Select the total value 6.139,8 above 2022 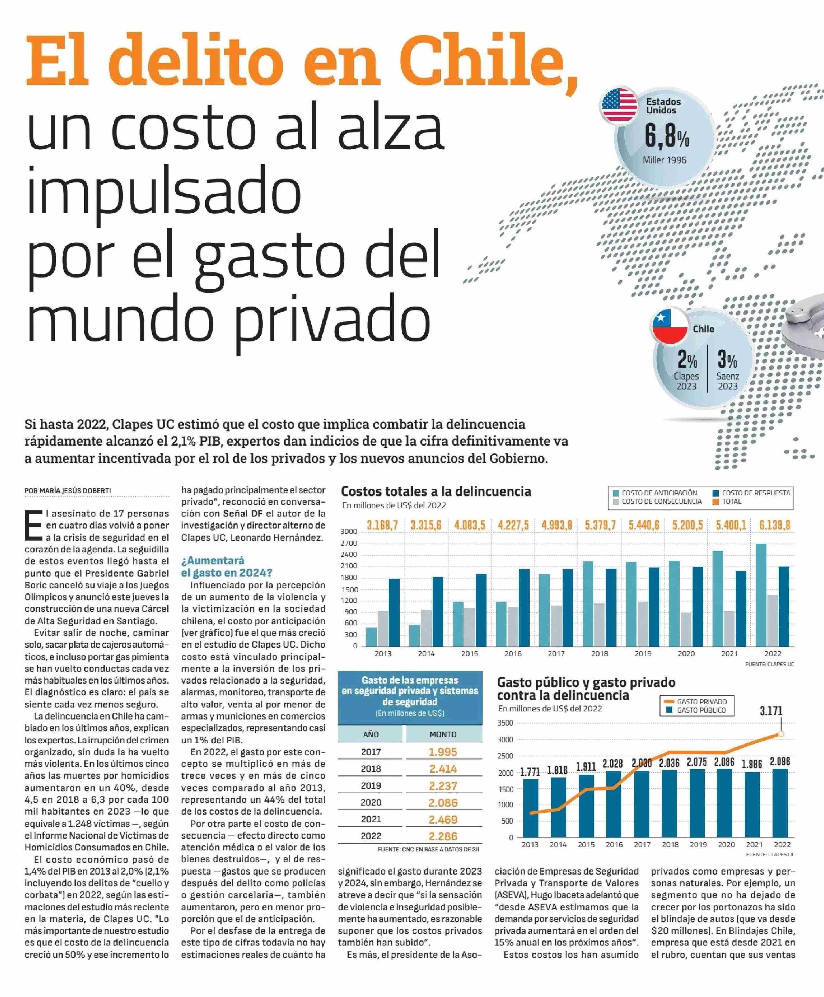coord(775,525)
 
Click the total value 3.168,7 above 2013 coord(382,525)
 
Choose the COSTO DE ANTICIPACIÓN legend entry coord(655,493)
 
